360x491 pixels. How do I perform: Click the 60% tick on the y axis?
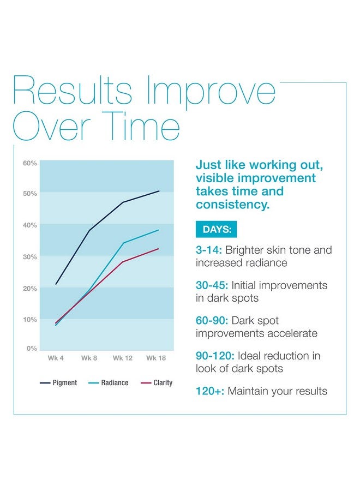coord(30,163)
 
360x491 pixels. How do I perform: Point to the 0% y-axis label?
coord(32,348)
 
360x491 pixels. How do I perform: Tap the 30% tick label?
coord(30,256)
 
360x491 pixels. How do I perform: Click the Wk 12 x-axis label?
coord(123,358)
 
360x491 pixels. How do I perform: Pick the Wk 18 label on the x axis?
coord(156,358)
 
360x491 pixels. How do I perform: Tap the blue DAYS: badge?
coord(217,229)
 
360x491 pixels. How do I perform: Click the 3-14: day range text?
coord(209,250)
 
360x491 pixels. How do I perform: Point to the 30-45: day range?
coord(213,285)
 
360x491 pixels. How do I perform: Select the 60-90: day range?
coord(213,320)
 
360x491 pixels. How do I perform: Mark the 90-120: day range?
coord(215,356)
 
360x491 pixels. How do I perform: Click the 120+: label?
coord(209,391)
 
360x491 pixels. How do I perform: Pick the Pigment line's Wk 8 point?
coord(89,230)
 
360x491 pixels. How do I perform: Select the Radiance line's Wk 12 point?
coord(123,243)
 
